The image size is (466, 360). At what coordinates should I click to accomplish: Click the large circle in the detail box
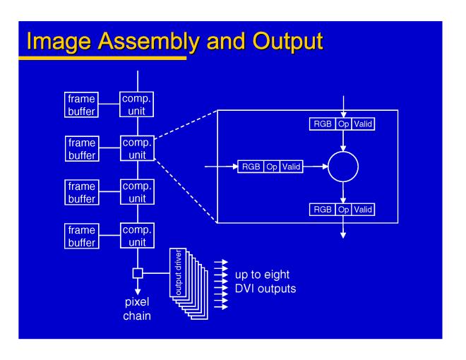(343, 167)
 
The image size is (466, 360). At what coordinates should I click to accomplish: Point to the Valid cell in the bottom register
(363, 209)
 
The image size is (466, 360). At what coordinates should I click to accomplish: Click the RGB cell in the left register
(251, 167)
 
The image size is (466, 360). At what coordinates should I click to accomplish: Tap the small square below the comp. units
(138, 272)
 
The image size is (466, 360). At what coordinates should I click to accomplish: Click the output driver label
(174, 268)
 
